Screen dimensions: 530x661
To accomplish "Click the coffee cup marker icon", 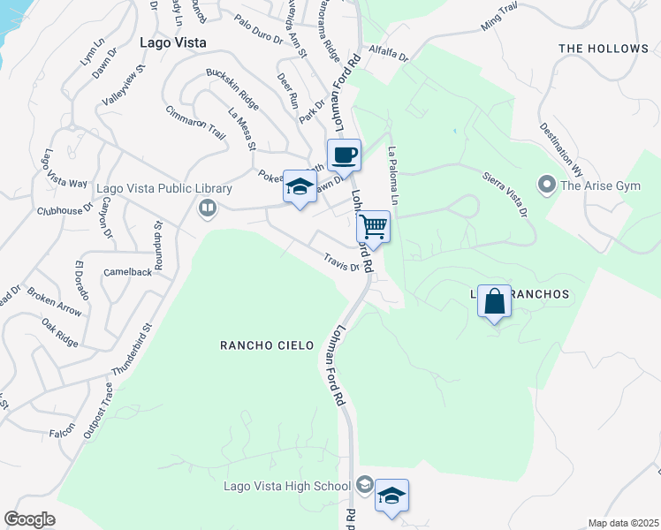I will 344,155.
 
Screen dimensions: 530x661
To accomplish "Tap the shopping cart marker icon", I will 374,227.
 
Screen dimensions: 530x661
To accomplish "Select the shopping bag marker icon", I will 494,301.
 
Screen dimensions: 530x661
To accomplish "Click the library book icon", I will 208,208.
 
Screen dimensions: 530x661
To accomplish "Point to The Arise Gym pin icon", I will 546,185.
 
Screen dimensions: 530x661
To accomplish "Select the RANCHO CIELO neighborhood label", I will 267,345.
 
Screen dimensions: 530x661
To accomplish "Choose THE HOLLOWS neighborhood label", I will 604,48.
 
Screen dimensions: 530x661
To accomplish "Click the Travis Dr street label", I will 341,261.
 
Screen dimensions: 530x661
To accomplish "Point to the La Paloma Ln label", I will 394,178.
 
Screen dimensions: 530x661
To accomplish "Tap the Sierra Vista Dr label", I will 505,193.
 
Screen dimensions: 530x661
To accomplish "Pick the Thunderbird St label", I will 133,351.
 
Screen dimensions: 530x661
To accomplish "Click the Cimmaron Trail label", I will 196,122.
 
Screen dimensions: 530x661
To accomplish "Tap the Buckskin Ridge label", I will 232,88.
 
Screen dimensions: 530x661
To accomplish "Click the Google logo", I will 29,519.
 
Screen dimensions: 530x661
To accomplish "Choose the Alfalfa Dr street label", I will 389,54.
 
